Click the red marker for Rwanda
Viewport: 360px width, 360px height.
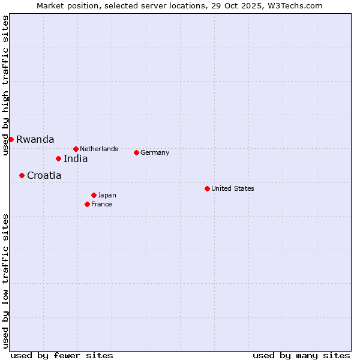(x=11, y=139)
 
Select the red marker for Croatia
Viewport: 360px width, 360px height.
(x=22, y=175)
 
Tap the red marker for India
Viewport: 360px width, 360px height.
(x=58, y=158)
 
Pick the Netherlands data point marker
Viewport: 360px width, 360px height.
(x=76, y=149)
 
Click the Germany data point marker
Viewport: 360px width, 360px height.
(x=136, y=152)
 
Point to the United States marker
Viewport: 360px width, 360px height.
(x=207, y=188)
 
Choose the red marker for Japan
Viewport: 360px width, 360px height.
(x=94, y=195)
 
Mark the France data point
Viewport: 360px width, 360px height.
(x=87, y=204)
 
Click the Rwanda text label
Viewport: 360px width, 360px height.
(x=35, y=139)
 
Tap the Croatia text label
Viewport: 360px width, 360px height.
(x=44, y=175)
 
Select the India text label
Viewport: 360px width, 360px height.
(x=76, y=158)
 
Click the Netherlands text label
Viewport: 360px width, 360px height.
(x=99, y=149)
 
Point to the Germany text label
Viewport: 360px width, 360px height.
(x=155, y=152)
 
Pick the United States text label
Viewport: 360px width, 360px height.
(x=233, y=188)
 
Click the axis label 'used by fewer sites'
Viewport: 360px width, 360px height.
(x=62, y=355)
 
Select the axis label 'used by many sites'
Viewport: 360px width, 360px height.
(x=301, y=355)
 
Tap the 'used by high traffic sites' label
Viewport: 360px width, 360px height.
(x=5, y=85)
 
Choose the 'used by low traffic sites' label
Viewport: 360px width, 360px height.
(x=5, y=280)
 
